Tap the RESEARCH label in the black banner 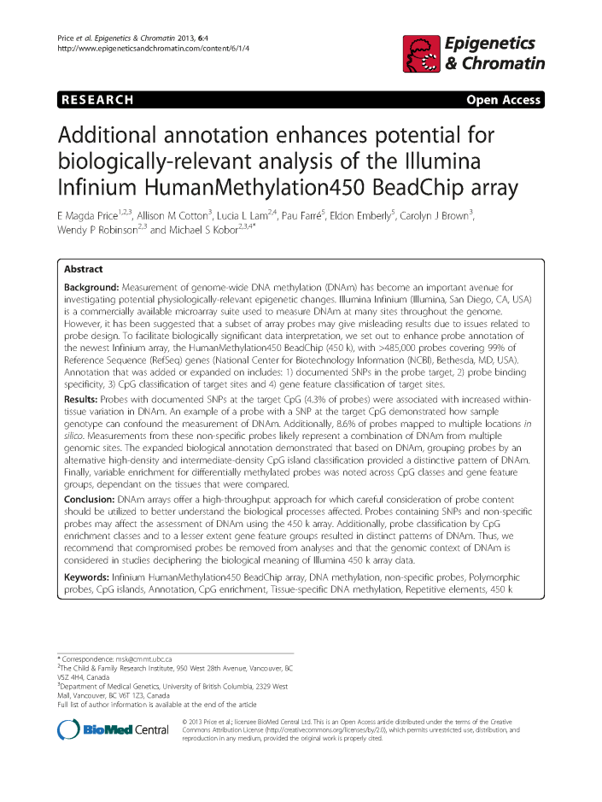pyautogui.click(x=97, y=100)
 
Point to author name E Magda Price pyautogui.click(x=93, y=216)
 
